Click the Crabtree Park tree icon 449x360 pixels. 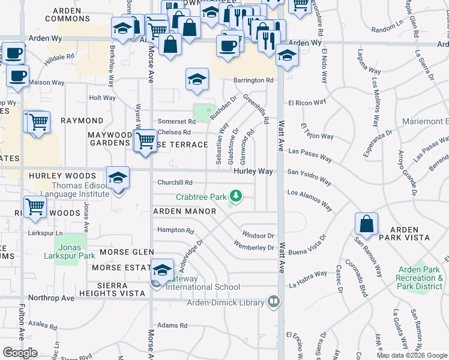237,196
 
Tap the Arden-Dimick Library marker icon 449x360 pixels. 274,301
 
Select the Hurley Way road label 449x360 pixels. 253,172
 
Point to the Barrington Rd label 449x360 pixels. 253,80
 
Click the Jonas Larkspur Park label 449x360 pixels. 70,251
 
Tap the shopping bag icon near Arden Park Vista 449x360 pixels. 366,224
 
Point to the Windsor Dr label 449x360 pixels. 258,235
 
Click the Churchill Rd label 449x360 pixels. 175,182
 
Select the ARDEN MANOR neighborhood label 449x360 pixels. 185,211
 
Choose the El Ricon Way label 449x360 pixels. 306,103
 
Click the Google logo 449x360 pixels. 20,353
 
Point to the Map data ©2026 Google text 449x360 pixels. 412,355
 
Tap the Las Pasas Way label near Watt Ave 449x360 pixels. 310,154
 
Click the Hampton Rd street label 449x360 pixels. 176,230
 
